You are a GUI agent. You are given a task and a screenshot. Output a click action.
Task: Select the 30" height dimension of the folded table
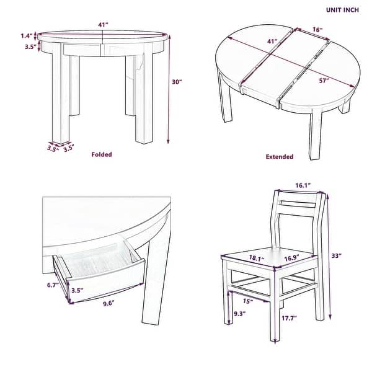pyautogui.click(x=177, y=81)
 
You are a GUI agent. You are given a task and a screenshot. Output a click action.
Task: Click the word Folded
pyautogui.click(x=101, y=154)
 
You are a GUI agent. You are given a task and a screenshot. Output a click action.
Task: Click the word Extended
pyautogui.click(x=279, y=157)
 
